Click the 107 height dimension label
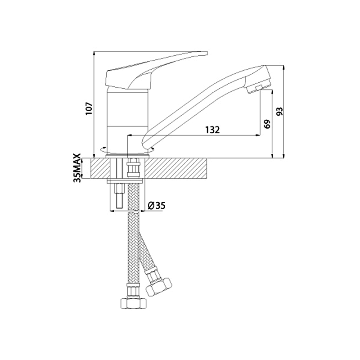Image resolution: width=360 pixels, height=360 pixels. [x=89, y=108]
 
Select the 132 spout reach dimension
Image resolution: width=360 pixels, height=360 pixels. [x=212, y=130]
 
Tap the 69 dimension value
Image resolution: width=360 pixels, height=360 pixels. [x=267, y=124]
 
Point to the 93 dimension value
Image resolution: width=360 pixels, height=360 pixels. [x=280, y=111]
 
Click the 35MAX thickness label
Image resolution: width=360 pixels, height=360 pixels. [x=77, y=168]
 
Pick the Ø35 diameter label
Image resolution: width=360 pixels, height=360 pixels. [x=157, y=206]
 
